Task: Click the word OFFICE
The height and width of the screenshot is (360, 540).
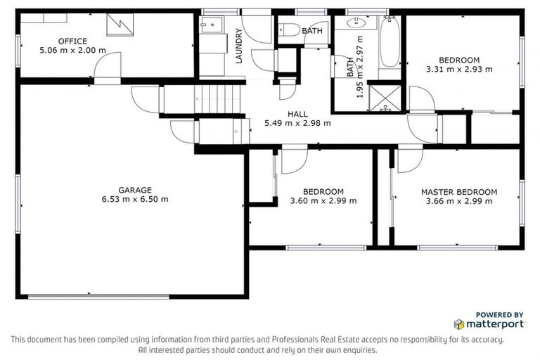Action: (72, 41)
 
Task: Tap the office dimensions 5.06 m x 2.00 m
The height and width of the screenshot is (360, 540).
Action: (72, 50)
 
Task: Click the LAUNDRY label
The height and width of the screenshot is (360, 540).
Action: (239, 46)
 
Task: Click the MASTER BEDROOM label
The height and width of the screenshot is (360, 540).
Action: (458, 191)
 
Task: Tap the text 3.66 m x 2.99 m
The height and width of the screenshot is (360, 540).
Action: (458, 200)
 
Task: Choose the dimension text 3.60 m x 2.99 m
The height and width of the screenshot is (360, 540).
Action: (323, 200)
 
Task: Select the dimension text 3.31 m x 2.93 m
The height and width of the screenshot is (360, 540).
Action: (458, 69)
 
